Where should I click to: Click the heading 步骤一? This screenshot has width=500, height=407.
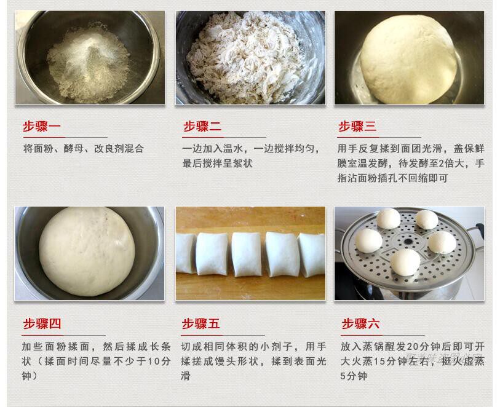(x=42, y=127)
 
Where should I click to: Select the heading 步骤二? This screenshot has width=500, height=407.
(x=202, y=127)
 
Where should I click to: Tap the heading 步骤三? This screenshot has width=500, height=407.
(x=357, y=127)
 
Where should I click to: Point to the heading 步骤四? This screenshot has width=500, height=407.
(x=42, y=324)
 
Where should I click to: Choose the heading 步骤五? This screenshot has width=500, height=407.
(x=200, y=324)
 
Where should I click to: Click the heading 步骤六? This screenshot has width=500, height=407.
(x=360, y=324)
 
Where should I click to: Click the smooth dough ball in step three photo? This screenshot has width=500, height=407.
(x=408, y=59)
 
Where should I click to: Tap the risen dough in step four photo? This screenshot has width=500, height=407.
(x=87, y=251)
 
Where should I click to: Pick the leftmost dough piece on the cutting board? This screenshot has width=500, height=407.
(x=186, y=253)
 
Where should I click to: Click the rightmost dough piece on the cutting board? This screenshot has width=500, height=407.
(x=312, y=255)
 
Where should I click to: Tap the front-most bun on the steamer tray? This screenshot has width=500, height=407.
(x=405, y=262)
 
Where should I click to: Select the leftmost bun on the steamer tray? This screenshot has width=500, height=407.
(x=368, y=241)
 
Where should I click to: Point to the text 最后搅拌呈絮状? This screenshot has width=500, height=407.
(x=217, y=164)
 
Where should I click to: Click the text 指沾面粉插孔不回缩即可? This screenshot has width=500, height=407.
(x=392, y=178)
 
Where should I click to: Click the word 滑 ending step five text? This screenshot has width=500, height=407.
(x=186, y=376)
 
